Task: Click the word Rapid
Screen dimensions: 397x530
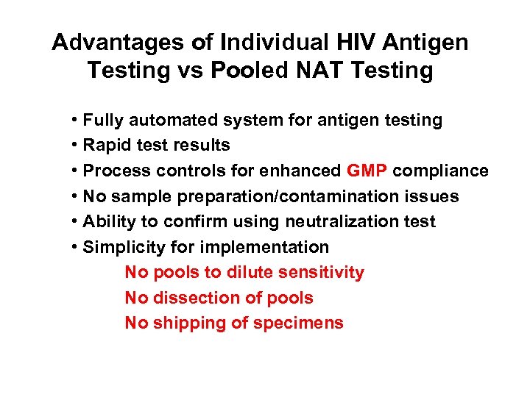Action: click(106, 146)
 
